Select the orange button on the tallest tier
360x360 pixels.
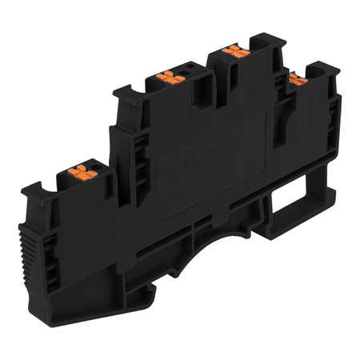click(x=232, y=50)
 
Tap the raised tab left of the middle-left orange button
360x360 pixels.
click(x=128, y=95)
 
